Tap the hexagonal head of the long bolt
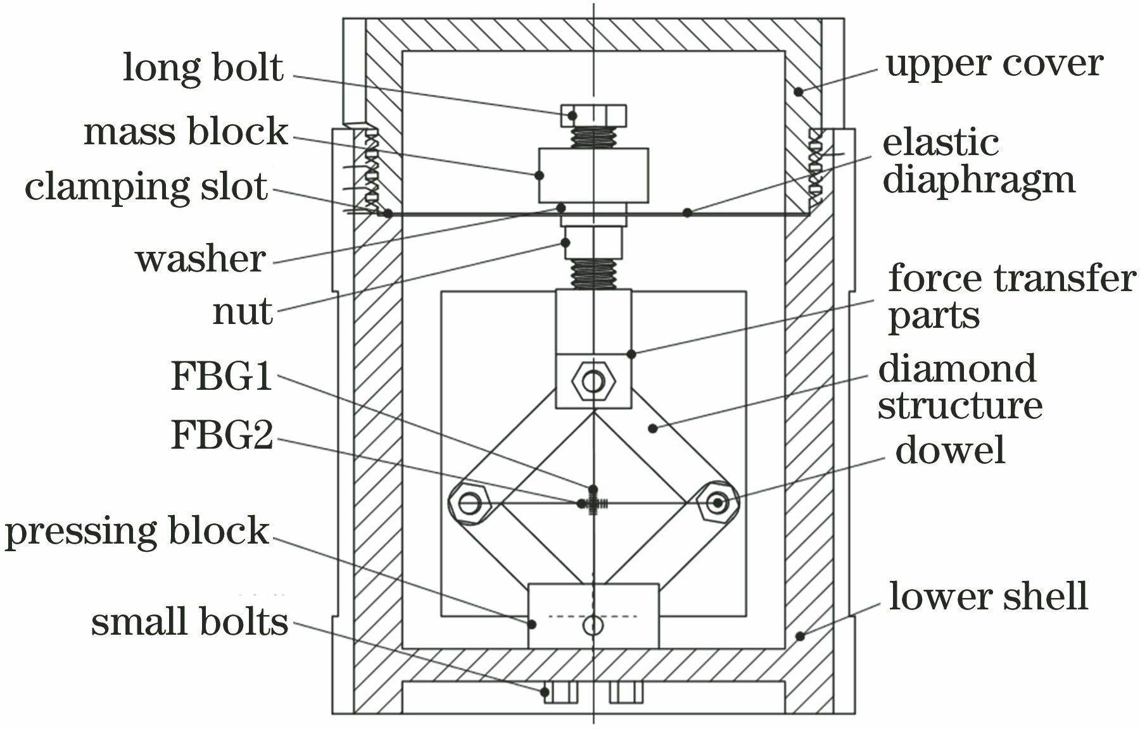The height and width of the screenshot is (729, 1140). click(593, 116)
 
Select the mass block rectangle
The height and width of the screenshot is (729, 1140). click(593, 175)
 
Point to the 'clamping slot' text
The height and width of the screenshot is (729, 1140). click(146, 187)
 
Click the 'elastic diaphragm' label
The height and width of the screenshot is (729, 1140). click(978, 162)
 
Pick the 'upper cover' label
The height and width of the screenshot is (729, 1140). click(994, 64)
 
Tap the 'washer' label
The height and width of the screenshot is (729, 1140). click(200, 259)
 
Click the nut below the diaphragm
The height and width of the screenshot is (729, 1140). click(593, 242)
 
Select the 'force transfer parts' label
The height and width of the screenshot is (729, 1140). click(1011, 296)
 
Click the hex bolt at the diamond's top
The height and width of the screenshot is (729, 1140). click(593, 382)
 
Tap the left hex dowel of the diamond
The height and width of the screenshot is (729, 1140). click(469, 504)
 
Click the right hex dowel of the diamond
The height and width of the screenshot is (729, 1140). click(718, 503)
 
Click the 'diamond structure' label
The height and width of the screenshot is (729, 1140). click(959, 387)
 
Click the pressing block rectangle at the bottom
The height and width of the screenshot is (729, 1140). click(593, 616)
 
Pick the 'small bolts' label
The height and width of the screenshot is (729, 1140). click(189, 621)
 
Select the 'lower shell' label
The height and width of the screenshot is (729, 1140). click(988, 596)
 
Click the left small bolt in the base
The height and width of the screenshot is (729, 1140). click(561, 693)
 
